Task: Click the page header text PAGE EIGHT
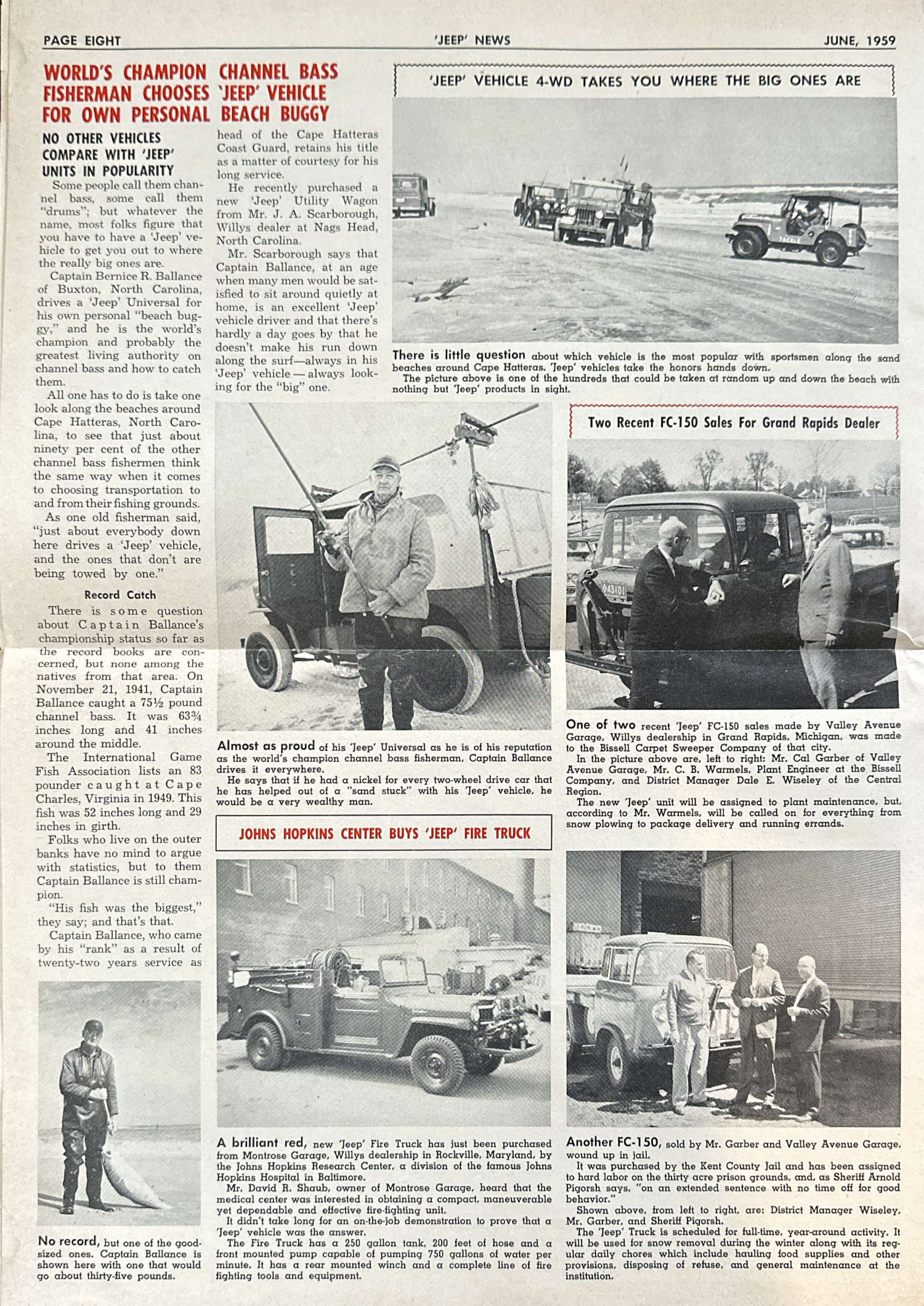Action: pos(81,41)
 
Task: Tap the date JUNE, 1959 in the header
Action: pos(859,41)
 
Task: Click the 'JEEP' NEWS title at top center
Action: pos(472,41)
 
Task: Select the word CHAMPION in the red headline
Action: pos(164,73)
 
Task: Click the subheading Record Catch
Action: pos(120,595)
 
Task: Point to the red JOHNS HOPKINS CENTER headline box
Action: pos(384,833)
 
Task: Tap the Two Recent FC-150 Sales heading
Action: pos(733,423)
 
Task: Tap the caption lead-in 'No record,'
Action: pos(68,1241)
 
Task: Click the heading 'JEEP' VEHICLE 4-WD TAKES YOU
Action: pos(644,81)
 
